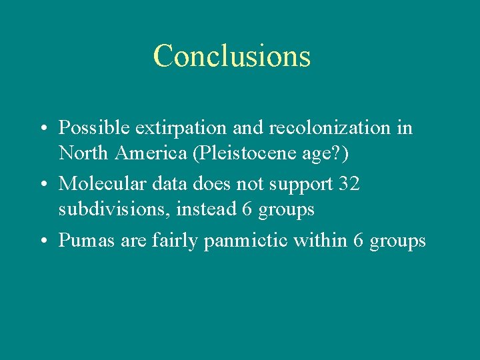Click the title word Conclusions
[x=231, y=56]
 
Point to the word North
[x=84, y=153]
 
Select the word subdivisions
[x=115, y=209]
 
